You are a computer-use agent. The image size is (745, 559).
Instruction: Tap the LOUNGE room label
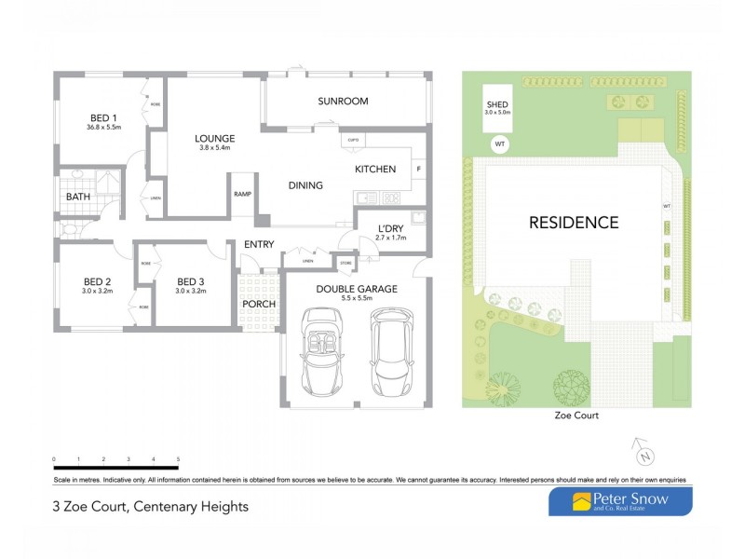[214, 139]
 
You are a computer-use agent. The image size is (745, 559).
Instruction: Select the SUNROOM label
[343, 101]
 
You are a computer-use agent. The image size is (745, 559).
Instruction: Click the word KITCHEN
[375, 170]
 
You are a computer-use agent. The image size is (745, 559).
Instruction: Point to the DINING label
[305, 185]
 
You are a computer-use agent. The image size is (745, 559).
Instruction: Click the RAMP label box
[243, 194]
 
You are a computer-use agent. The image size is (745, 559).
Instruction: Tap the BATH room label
[76, 198]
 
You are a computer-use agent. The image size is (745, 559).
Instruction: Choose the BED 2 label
[98, 282]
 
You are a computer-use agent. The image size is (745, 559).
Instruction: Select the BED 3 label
[191, 282]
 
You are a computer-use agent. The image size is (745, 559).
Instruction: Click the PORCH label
[259, 304]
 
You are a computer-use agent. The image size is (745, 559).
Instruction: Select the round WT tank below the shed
[499, 144]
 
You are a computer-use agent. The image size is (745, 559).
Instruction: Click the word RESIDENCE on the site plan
[574, 223]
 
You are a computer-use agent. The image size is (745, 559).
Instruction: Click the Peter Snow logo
[619, 501]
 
